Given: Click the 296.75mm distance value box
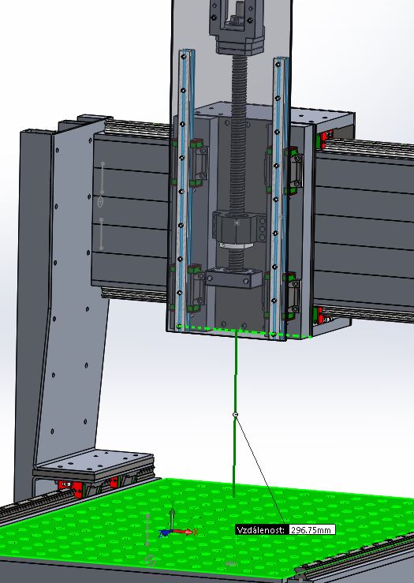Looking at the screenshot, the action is click(311, 530).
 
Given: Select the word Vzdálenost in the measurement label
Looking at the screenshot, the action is click(260, 530).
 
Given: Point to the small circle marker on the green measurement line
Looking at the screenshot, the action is click(235, 414).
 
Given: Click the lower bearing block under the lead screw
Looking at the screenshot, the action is click(234, 278).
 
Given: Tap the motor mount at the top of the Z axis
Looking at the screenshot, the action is click(237, 26).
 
